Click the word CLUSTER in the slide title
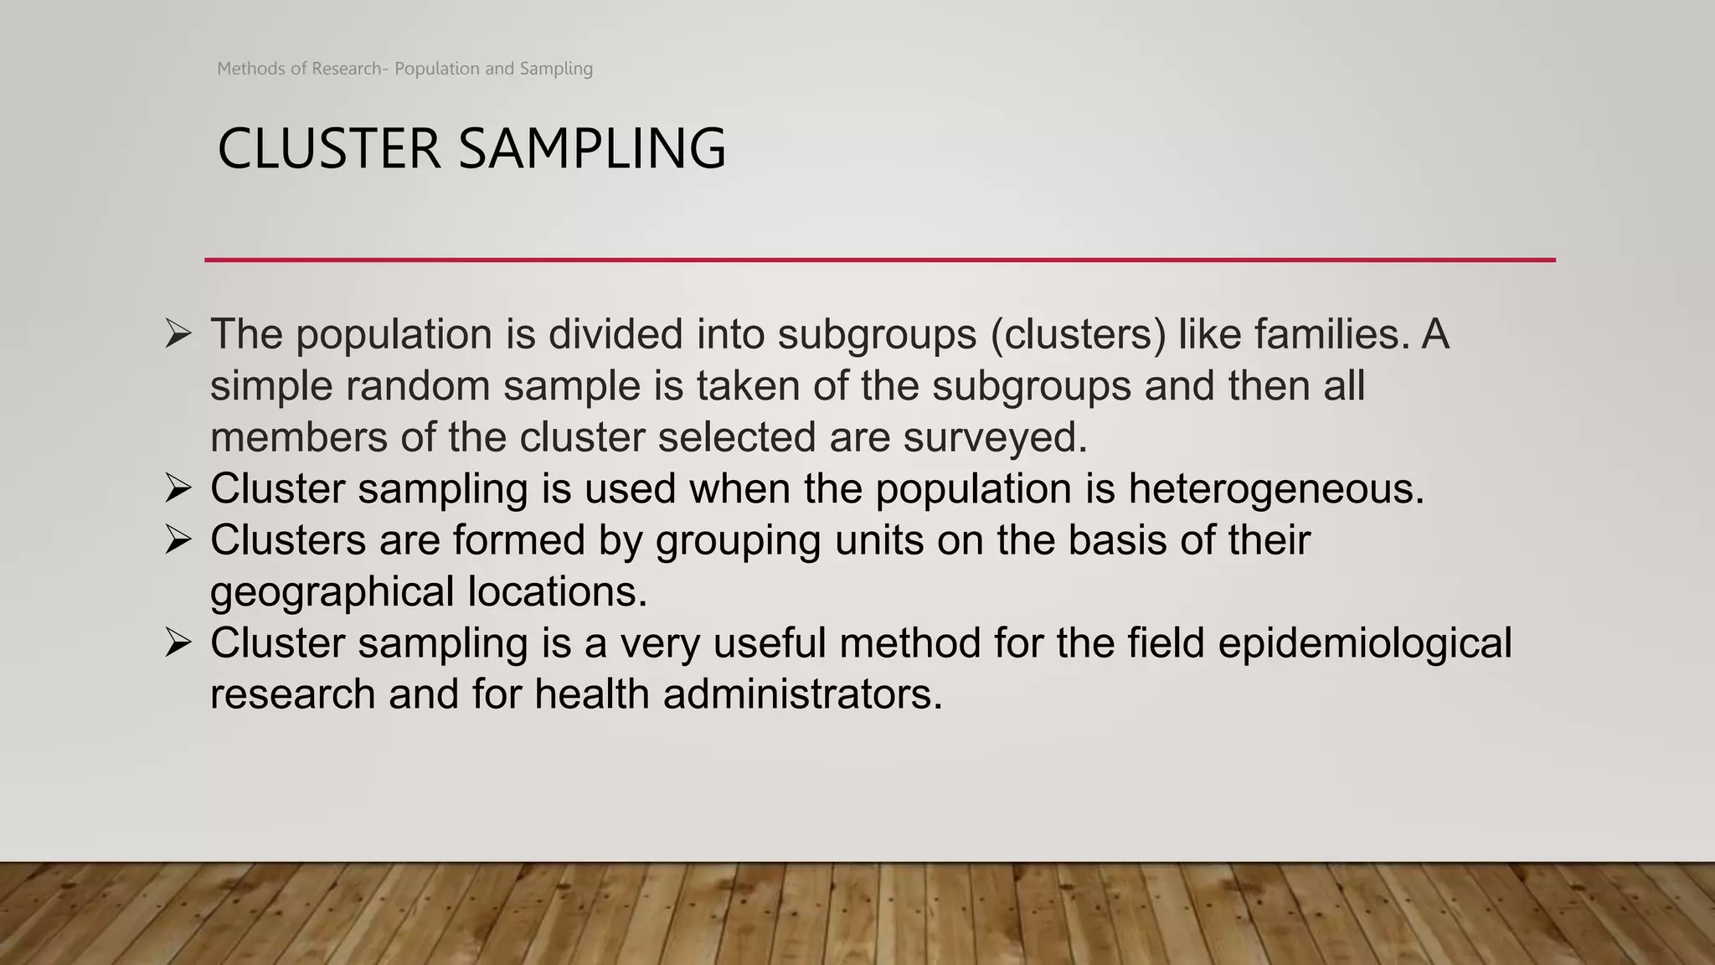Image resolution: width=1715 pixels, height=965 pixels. [328, 149]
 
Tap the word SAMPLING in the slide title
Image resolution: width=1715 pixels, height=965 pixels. [592, 149]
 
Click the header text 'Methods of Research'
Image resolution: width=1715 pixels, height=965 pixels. [299, 69]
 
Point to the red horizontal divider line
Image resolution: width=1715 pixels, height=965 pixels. [879, 260]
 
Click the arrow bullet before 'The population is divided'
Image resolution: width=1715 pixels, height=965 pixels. [178, 334]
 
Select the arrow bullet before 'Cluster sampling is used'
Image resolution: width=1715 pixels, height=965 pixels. [178, 488]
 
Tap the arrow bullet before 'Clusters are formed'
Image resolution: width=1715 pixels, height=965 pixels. [178, 539]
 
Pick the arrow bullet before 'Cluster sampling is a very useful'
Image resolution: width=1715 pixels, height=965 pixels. [178, 642]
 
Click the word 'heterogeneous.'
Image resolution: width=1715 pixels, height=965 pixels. [1276, 489]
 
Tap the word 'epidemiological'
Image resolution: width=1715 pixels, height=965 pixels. [1364, 643]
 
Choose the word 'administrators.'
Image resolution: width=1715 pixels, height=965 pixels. [802, 694]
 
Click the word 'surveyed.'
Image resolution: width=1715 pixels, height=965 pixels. [995, 437]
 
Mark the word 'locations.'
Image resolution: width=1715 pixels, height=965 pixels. [558, 591]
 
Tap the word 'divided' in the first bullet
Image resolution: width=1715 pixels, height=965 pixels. [616, 334]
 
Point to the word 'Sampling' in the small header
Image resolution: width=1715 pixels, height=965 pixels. [556, 69]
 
